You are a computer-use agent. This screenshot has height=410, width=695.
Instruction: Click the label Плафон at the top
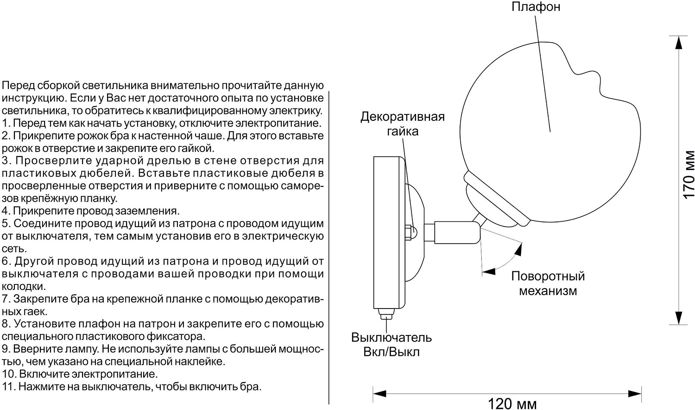tap(536, 7)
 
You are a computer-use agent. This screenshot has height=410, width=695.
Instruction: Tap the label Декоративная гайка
tap(402, 124)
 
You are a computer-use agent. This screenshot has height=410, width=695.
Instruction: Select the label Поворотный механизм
tap(548, 284)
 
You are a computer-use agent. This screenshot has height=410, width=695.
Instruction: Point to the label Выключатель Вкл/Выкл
tap(392, 344)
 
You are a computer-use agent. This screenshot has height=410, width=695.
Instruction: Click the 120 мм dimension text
tap(512, 404)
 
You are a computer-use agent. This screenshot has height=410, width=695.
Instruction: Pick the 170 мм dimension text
tap(689, 174)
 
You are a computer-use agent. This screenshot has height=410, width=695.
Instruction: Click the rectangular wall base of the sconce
tap(388, 232)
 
